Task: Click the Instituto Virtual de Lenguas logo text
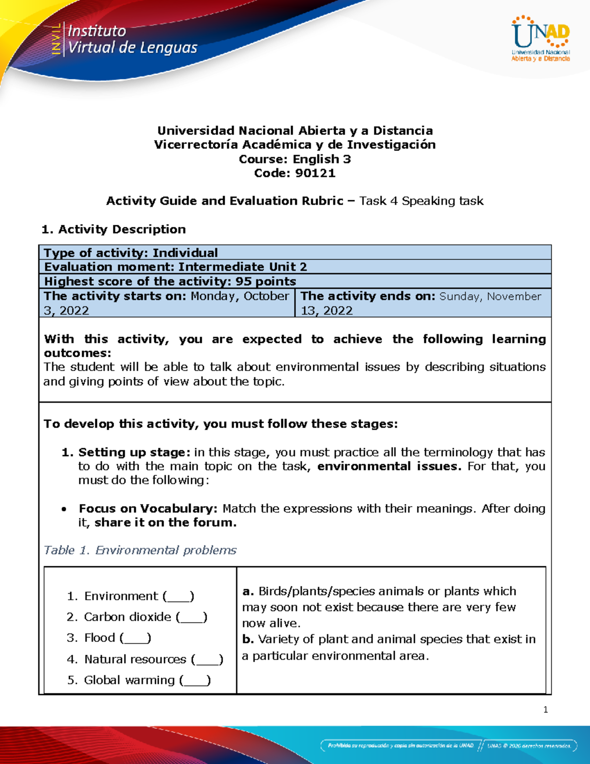[x=132, y=39]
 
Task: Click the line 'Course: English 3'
[x=295, y=159]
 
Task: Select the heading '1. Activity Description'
[x=114, y=229]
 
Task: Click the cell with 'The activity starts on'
[x=166, y=303]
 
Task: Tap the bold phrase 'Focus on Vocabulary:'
[x=148, y=508]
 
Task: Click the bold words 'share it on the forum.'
[x=166, y=522]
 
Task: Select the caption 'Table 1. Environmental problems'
[x=140, y=550]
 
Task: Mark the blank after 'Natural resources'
[x=207, y=660]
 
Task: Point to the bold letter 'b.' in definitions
[x=248, y=640]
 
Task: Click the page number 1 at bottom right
[x=545, y=709]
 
